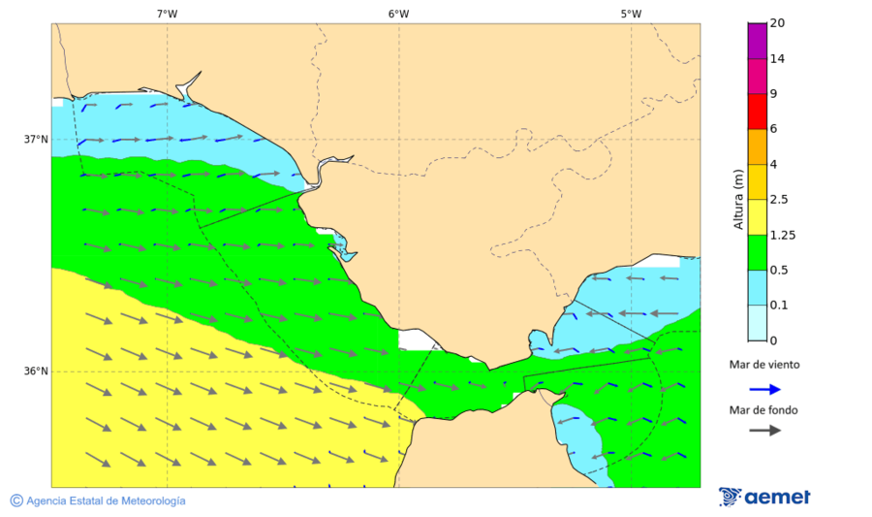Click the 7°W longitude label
click(x=167, y=14)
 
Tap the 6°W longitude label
click(x=398, y=14)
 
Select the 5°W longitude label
click(x=631, y=14)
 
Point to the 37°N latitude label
click(x=36, y=139)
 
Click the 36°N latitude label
click(x=36, y=371)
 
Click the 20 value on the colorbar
click(x=777, y=23)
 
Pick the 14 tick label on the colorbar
click(x=777, y=58)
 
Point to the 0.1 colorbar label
click(x=779, y=306)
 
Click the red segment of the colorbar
click(x=757, y=111)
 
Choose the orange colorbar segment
click(x=757, y=145)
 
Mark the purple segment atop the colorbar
click(x=757, y=40)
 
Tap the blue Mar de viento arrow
click(x=764, y=389)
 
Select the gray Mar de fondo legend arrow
click(x=764, y=430)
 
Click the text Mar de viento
click(x=764, y=365)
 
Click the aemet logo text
click(x=777, y=497)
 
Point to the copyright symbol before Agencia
click(x=16, y=501)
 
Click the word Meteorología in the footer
click(x=149, y=501)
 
